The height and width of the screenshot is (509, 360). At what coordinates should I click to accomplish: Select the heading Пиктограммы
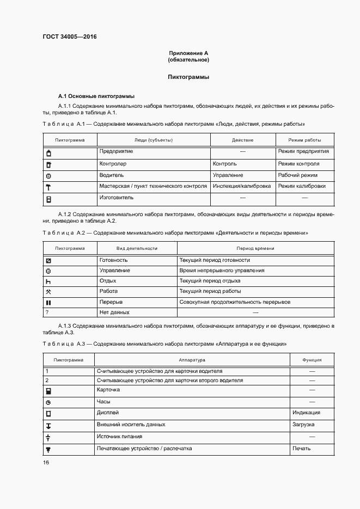click(188, 77)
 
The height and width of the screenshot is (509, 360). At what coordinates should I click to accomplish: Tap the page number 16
click(46, 462)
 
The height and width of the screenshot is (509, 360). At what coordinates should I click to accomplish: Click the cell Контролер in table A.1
click(113, 163)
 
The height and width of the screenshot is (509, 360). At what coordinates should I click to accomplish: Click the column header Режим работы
click(304, 140)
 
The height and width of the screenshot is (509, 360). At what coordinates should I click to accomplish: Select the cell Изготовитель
click(116, 198)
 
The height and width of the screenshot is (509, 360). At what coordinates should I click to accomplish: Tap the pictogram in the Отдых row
click(48, 281)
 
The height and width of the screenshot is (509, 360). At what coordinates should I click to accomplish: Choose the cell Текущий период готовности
click(215, 260)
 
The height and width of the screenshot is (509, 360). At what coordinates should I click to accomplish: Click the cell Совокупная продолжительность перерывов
click(235, 302)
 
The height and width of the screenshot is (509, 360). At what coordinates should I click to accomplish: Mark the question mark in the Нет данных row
click(47, 312)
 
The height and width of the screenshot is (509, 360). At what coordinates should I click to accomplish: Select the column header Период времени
click(255, 248)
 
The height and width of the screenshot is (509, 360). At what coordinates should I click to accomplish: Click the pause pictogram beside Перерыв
click(48, 303)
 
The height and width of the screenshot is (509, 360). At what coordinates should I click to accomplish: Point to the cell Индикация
click(306, 413)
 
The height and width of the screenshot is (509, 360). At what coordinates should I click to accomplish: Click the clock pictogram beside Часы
click(48, 402)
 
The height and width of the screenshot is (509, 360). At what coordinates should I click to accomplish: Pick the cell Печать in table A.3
click(302, 449)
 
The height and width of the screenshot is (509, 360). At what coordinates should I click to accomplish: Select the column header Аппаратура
click(192, 360)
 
